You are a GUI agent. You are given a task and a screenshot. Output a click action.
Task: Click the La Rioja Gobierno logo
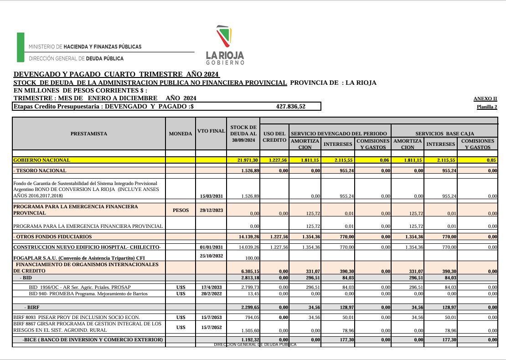pyautogui.click(x=225, y=45)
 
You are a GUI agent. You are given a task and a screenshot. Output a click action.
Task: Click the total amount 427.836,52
pyautogui.click(x=291, y=106)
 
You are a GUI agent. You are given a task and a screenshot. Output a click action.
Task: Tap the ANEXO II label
pyautogui.click(x=485, y=98)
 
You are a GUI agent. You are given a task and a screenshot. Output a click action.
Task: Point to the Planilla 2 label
pyautogui.click(x=486, y=107)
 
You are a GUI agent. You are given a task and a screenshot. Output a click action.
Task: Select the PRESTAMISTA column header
pyautogui.click(x=89, y=134)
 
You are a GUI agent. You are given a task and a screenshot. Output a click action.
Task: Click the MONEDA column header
pyautogui.click(x=181, y=134)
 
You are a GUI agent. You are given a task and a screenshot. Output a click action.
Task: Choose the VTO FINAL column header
pyautogui.click(x=211, y=131)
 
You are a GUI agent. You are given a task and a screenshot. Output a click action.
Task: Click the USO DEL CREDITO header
pyautogui.click(x=274, y=137)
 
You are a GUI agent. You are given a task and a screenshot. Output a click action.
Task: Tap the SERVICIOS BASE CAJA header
pyautogui.click(x=444, y=134)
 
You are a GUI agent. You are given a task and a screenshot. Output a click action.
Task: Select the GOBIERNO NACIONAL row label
pyautogui.click(x=42, y=160)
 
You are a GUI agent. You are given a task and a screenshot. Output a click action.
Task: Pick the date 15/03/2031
pyautogui.click(x=212, y=196)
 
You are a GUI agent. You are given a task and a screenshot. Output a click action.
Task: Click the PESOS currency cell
pyautogui.click(x=181, y=210)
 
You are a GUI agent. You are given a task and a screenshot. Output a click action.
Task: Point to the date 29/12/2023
pyautogui.click(x=212, y=210)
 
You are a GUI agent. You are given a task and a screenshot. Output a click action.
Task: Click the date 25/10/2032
pyautogui.click(x=212, y=256)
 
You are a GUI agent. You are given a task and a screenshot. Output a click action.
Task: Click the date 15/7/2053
pyautogui.click(x=212, y=317)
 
